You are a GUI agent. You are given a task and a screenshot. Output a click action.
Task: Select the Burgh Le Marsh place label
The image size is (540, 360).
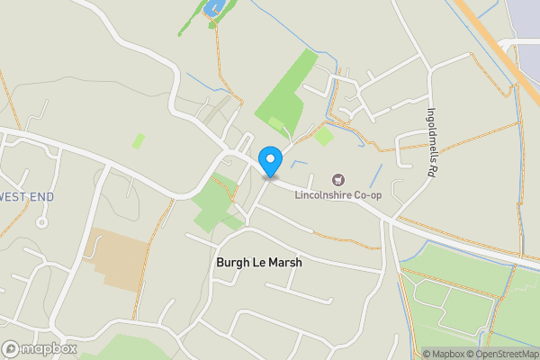[259, 263]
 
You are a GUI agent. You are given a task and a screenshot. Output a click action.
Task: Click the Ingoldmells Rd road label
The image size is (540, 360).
[431, 143]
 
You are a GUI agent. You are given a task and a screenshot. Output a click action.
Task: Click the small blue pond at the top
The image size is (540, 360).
[213, 8]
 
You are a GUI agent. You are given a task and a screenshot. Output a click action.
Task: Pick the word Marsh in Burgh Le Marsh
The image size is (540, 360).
[283, 263]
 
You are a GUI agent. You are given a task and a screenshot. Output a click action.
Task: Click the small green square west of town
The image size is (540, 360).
[139, 140]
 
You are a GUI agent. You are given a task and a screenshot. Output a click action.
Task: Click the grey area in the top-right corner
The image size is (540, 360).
[524, 22]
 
